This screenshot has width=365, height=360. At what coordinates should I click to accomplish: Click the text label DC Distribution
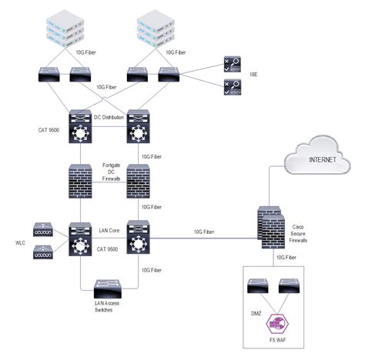109,117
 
